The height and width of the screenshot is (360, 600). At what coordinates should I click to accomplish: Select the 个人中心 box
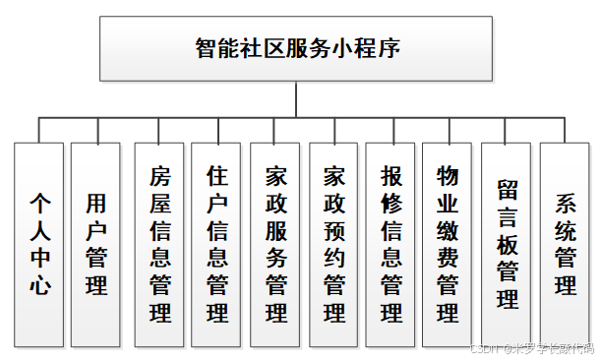pyautogui.click(x=40, y=243)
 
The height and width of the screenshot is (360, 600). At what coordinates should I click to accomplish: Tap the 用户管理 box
pyautogui.click(x=95, y=243)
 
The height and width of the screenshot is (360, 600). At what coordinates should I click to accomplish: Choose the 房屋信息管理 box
pyautogui.click(x=159, y=243)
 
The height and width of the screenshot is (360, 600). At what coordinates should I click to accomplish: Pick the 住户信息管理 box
pyautogui.click(x=217, y=243)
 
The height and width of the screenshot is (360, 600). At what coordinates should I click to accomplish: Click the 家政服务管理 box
pyautogui.click(x=276, y=243)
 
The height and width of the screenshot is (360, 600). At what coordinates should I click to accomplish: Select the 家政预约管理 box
pyautogui.click(x=334, y=243)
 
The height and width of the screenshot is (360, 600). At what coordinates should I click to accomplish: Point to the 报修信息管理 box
pyautogui.click(x=391, y=243)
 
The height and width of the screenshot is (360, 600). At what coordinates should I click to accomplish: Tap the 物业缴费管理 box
pyautogui.click(x=449, y=243)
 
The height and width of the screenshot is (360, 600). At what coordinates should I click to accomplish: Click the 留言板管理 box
pyautogui.click(x=508, y=243)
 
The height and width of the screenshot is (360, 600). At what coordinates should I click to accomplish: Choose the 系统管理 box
pyautogui.click(x=566, y=243)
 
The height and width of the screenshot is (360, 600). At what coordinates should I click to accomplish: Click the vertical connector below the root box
pyautogui.click(x=296, y=99)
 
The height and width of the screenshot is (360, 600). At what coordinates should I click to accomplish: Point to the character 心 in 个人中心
pyautogui.click(x=40, y=286)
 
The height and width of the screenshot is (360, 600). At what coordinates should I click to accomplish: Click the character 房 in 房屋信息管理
pyautogui.click(x=159, y=176)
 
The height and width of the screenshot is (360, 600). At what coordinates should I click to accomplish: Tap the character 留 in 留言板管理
pyautogui.click(x=508, y=189)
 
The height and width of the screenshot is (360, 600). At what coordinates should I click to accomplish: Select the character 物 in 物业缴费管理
pyautogui.click(x=449, y=175)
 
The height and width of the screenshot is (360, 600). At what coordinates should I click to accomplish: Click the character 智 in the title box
pyautogui.click(x=208, y=49)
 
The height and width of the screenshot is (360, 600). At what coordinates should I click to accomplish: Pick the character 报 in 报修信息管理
pyautogui.click(x=391, y=176)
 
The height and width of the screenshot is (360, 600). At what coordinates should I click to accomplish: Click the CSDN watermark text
pyautogui.click(x=531, y=347)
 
